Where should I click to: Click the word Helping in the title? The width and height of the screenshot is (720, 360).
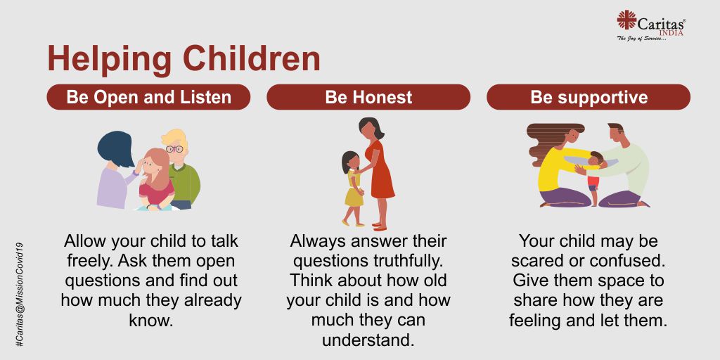point(110,59)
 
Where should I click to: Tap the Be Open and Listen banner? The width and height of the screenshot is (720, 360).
point(148,97)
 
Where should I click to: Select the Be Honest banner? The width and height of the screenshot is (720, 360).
point(368,97)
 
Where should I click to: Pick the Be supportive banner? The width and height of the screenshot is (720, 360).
point(589,97)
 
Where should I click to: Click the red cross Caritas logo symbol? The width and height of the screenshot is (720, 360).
point(626,20)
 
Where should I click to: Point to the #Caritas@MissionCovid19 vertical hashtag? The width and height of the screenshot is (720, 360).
point(20,294)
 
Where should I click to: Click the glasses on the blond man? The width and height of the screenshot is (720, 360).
point(174,149)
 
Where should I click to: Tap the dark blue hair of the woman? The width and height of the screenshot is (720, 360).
point(115,148)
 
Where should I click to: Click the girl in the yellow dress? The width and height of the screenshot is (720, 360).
point(352,188)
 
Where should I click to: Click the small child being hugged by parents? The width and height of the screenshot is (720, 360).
point(593,176)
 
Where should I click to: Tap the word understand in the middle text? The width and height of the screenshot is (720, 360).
point(368,340)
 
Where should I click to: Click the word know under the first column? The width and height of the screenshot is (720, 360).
point(151,320)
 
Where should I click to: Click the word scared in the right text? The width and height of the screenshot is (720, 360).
point(534,260)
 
